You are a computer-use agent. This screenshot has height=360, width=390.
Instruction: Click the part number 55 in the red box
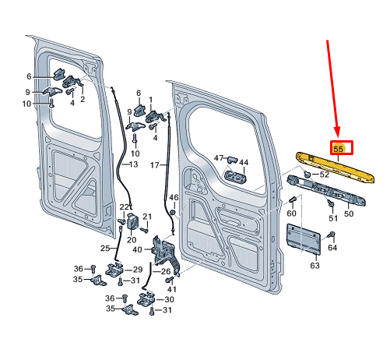[339, 148]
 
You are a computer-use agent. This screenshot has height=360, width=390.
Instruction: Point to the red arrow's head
[337, 132]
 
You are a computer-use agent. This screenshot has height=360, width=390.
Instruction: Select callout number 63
[314, 265]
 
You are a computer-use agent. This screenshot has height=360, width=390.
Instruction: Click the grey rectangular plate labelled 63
[304, 238]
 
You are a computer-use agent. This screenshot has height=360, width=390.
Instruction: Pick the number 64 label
[332, 248]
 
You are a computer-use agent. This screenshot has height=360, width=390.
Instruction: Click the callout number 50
[348, 214]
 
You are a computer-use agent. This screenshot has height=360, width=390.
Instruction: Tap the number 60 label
[292, 213]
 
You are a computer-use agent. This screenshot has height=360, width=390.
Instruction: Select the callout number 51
[332, 219]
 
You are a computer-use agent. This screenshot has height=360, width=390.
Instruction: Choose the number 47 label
[219, 157]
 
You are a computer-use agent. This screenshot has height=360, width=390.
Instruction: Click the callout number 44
[243, 163]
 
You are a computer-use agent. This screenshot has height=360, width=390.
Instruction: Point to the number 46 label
[173, 198]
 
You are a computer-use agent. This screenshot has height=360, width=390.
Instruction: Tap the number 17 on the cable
[154, 165]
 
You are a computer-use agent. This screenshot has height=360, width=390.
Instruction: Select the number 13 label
[133, 164]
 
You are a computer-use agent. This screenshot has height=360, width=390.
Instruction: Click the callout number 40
[137, 249]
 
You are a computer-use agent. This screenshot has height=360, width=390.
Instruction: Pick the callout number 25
[105, 248]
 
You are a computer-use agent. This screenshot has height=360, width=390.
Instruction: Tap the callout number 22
[124, 206]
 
